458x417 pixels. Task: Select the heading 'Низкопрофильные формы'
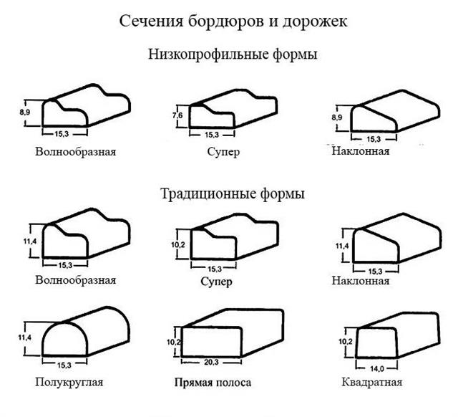point(233,54)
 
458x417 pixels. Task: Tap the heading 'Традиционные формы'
point(233,193)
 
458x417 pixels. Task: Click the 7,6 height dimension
point(177,115)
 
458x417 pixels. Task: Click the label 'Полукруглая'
point(69,382)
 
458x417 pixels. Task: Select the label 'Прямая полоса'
point(213,383)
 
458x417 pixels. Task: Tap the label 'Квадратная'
point(361,382)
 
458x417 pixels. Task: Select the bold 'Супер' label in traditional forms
point(212,281)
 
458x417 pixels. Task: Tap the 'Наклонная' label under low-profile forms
point(361,151)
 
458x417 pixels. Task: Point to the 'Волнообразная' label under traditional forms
point(75,280)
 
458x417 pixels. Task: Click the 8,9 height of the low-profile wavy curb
point(25,112)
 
